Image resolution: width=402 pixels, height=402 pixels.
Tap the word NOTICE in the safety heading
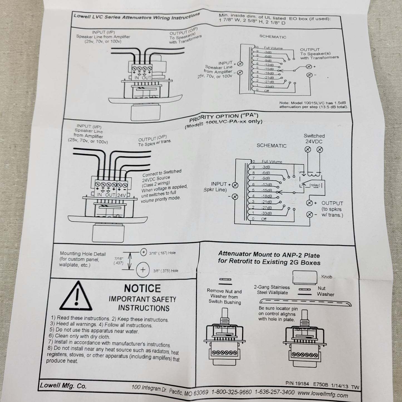coord(142,288)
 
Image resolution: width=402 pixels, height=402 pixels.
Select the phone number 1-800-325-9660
coord(231,392)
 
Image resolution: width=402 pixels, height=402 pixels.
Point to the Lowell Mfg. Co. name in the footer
coord(63,386)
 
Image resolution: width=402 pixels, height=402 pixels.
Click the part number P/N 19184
coord(297,383)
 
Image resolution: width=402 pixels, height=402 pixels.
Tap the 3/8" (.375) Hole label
coord(166,271)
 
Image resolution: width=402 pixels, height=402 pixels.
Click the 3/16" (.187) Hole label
coord(162,253)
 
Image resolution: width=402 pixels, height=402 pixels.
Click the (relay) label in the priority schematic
coord(314,185)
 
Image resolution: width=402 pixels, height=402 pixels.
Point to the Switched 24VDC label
coord(314,139)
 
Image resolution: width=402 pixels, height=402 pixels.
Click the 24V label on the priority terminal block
coord(121,195)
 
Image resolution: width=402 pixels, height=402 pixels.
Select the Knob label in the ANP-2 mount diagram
coord(326,277)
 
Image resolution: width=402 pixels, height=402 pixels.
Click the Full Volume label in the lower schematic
coord(272,162)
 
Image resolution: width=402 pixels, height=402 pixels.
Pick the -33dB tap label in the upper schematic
coord(269,87)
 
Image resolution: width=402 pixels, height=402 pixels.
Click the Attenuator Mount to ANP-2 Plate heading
coord(269,258)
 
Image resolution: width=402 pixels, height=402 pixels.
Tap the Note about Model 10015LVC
coord(313,105)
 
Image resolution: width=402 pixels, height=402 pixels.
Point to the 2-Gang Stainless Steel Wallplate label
coord(272,290)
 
